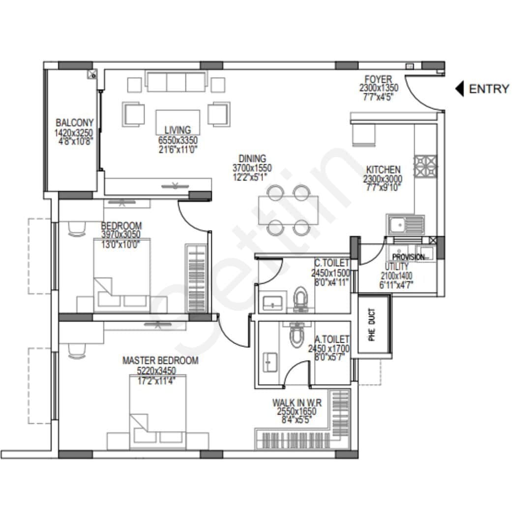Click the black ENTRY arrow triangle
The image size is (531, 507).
click(x=459, y=89)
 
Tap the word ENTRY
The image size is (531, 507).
click(x=489, y=89)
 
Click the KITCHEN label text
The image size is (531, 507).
click(x=383, y=170)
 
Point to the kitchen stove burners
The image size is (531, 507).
click(x=425, y=166)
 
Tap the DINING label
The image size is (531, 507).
click(x=252, y=159)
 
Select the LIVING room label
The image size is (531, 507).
click(x=177, y=130)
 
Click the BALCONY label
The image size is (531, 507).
click(x=74, y=123)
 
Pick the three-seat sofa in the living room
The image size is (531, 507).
click(x=176, y=82)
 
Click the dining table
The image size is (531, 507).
click(x=289, y=210)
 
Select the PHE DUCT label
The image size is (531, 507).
click(x=372, y=325)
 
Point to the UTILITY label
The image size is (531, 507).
click(x=396, y=267)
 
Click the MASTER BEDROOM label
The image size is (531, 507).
click(x=160, y=361)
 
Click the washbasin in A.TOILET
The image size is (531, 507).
click(x=268, y=360)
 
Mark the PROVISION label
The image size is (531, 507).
click(x=408, y=257)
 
